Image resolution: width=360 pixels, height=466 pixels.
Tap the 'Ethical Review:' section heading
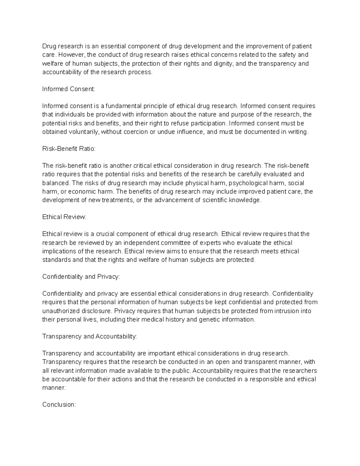pyautogui.click(x=64, y=217)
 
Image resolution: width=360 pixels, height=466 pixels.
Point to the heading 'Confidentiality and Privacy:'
pyautogui.click(x=81, y=277)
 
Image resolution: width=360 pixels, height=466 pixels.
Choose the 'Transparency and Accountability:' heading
pyautogui.click(x=89, y=336)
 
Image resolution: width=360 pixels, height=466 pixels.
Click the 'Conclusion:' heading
pyautogui.click(x=59, y=404)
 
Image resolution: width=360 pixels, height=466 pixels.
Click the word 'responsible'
pyautogui.click(x=266, y=379)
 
